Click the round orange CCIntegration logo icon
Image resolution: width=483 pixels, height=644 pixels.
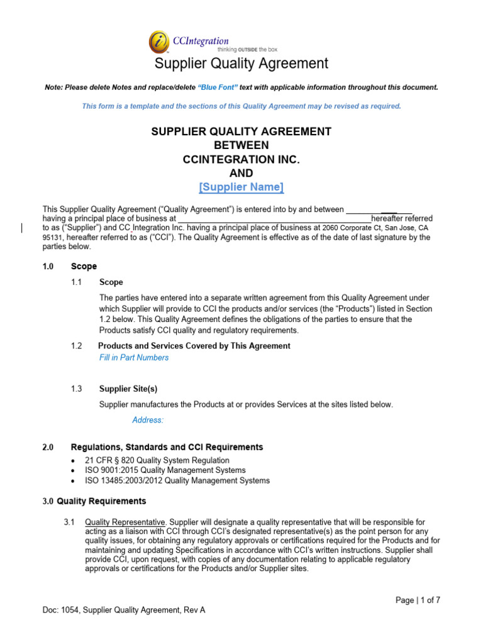(159, 42)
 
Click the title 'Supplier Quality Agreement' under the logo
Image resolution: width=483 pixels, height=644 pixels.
(241, 64)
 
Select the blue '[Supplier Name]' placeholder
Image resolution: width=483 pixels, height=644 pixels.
(241, 187)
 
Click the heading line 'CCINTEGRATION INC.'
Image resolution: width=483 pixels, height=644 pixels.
(241, 159)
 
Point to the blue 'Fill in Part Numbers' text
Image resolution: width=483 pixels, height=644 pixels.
(134, 357)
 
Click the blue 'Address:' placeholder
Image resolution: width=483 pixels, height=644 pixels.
(148, 419)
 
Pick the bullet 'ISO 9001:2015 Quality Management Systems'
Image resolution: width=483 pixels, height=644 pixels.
(165, 470)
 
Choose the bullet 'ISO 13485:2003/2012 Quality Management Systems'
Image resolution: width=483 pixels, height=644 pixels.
(177, 480)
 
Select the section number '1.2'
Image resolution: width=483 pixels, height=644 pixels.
(77, 346)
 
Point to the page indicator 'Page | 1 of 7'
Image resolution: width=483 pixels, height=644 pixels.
(418, 600)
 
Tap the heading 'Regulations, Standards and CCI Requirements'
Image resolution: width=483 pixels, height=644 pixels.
(167, 447)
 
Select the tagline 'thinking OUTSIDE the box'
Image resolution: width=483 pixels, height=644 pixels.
(247, 48)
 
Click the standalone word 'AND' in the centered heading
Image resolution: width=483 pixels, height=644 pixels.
(241, 173)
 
